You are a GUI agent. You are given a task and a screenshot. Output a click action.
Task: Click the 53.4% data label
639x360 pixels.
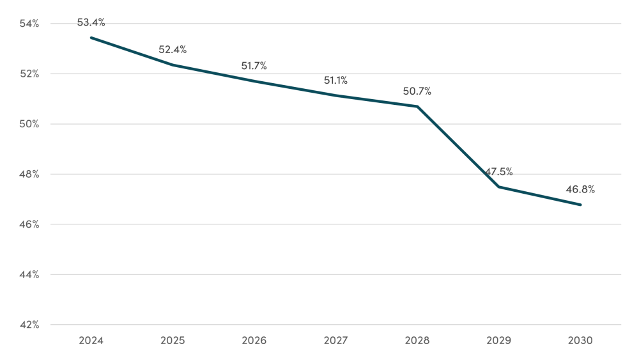pos(91,22)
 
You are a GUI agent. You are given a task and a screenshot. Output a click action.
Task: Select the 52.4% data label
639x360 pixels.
pos(173,50)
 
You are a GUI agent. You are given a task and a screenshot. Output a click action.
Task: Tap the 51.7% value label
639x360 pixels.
pos(254,66)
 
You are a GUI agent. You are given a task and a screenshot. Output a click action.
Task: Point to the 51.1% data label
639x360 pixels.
pos(335,81)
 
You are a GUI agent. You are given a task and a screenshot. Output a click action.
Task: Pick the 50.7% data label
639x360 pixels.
pos(417,91)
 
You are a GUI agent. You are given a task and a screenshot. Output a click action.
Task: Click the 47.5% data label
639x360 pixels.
pos(498,172)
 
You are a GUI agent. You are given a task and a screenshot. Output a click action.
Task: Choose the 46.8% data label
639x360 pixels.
pos(580,189)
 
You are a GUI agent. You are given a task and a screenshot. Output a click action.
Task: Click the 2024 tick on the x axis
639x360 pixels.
pos(91,341)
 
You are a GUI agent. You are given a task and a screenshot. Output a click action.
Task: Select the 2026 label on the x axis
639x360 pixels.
pos(254,341)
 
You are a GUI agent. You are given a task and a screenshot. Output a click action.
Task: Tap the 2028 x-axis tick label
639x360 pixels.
pos(417,341)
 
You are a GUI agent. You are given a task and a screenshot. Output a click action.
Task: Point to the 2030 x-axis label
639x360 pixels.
pos(580,341)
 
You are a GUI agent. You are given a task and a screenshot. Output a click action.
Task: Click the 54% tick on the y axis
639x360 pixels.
pos(29,24)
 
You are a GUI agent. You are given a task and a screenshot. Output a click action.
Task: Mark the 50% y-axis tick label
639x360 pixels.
pos(29,124)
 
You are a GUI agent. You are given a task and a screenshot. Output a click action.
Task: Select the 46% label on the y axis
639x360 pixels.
pos(29,224)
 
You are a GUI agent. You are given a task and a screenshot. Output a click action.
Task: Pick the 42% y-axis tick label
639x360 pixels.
pos(29,325)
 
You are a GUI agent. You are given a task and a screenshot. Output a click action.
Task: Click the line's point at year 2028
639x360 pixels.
pos(417,106)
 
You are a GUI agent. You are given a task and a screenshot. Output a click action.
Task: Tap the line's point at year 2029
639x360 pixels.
pos(498,187)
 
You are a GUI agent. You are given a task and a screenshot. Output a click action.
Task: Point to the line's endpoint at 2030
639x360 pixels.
pos(580,205)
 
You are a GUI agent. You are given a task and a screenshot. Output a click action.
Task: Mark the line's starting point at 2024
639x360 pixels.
pos(91,38)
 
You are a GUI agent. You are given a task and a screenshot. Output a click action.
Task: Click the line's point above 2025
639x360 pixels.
pos(173,65)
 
